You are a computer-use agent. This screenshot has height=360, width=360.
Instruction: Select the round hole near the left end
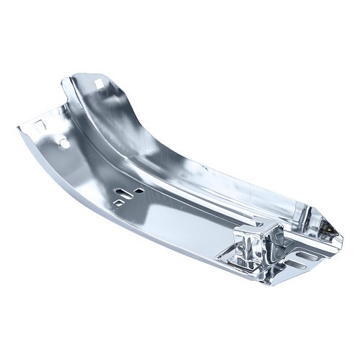(65, 143)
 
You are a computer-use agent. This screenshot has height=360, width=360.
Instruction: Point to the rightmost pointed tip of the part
(343, 237)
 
